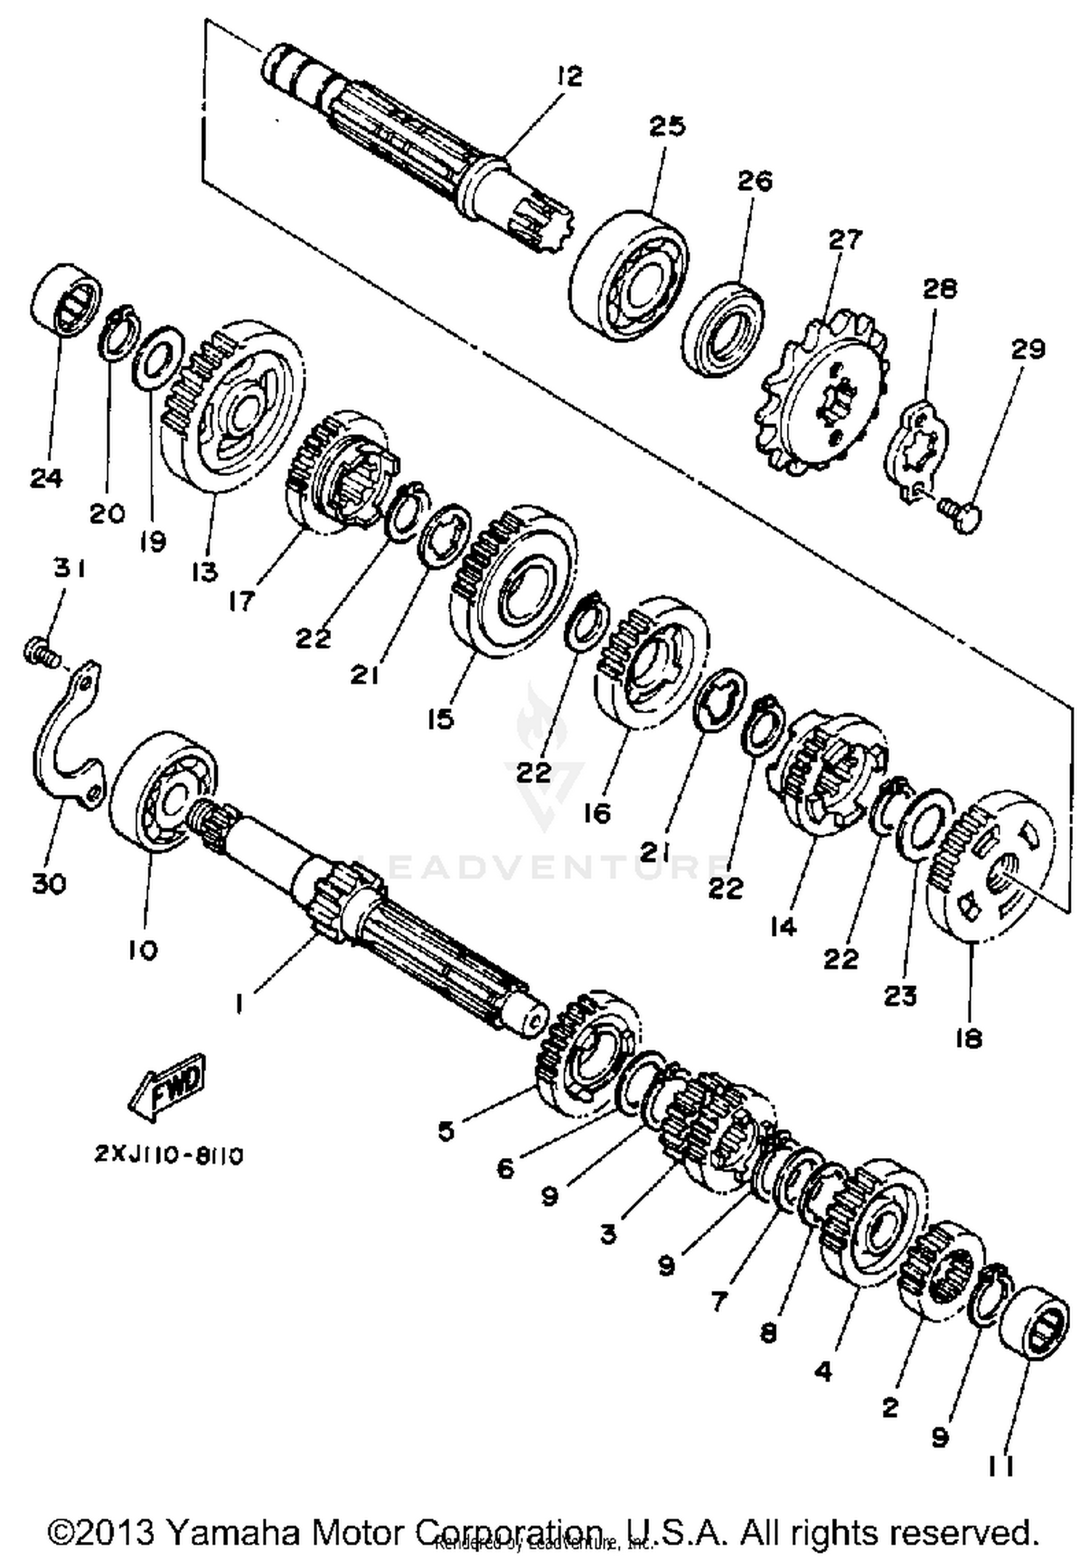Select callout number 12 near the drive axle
tap(570, 76)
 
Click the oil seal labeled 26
tap(722, 330)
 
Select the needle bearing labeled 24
tap(66, 299)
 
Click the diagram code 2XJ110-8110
tap(168, 1155)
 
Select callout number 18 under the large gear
tap(969, 1038)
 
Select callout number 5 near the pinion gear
tap(446, 1130)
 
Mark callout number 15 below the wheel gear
tap(440, 719)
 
